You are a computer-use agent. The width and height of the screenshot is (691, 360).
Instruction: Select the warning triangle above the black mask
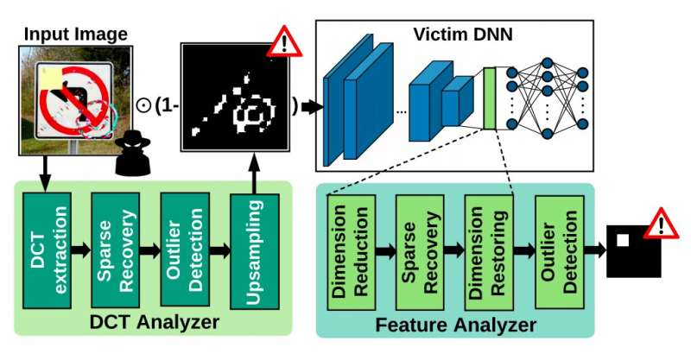click(282, 41)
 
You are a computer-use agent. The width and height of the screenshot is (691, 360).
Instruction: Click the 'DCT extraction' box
click(44, 250)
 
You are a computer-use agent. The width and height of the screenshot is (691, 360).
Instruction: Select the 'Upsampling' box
click(254, 250)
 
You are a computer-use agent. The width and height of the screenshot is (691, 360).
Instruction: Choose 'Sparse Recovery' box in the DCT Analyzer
click(115, 250)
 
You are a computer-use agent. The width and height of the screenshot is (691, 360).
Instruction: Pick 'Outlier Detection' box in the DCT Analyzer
click(184, 250)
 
